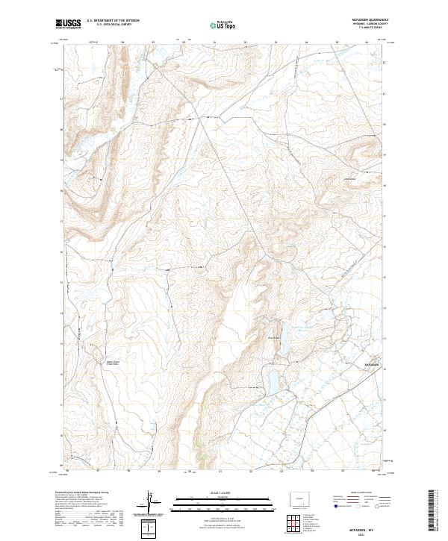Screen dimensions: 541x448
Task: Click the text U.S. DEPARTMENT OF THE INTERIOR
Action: (113, 21)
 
